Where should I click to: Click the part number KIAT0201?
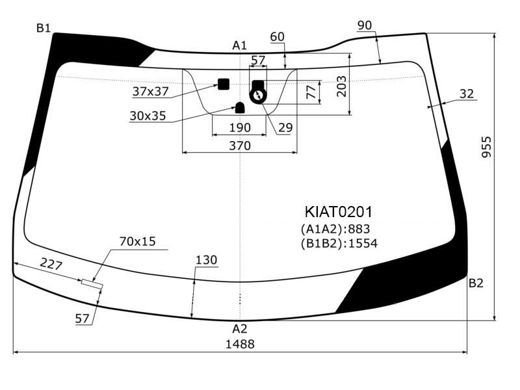[338, 212]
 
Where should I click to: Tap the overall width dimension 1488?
[240, 344]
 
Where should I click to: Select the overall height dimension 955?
[486, 147]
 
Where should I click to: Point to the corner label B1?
[44, 28]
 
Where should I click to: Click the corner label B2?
[476, 283]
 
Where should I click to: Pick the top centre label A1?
[239, 45]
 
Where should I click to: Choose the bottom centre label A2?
[239, 329]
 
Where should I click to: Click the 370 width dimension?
[240, 146]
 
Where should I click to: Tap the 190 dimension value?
[240, 127]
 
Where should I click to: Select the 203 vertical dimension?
[341, 86]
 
